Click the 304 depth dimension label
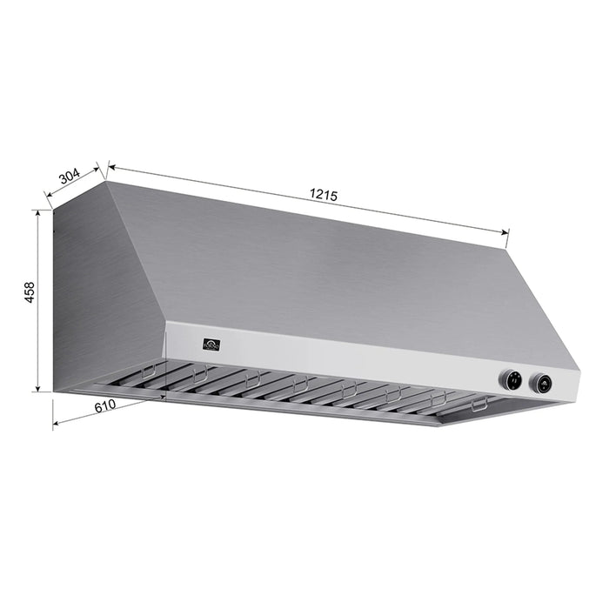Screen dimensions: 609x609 pyautogui.click(x=69, y=177)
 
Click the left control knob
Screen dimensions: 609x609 pyautogui.click(x=511, y=378)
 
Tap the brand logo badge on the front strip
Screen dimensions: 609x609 pyautogui.click(x=211, y=345)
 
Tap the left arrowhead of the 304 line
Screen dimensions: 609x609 pyautogui.click(x=49, y=205)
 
